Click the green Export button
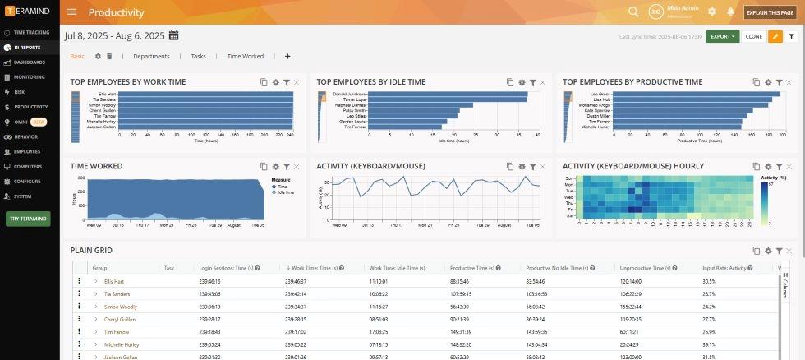pyautogui.click(x=722, y=36)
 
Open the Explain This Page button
pyautogui.click(x=770, y=12)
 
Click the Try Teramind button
pyautogui.click(x=29, y=219)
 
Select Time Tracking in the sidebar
pyautogui.click(x=31, y=32)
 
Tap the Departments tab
pyautogui.click(x=151, y=56)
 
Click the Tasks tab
pyautogui.click(x=198, y=56)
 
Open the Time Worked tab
pyautogui.click(x=246, y=56)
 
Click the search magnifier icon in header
pyautogui.click(x=633, y=12)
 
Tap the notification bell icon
pyautogui.click(x=730, y=12)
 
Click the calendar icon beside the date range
pyautogui.click(x=174, y=35)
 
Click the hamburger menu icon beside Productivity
pyautogui.click(x=72, y=12)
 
